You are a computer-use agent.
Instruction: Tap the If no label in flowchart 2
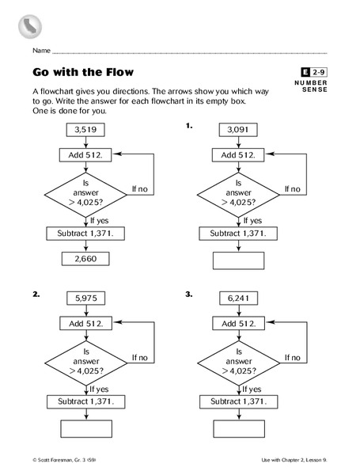pyautogui.click(x=139, y=357)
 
